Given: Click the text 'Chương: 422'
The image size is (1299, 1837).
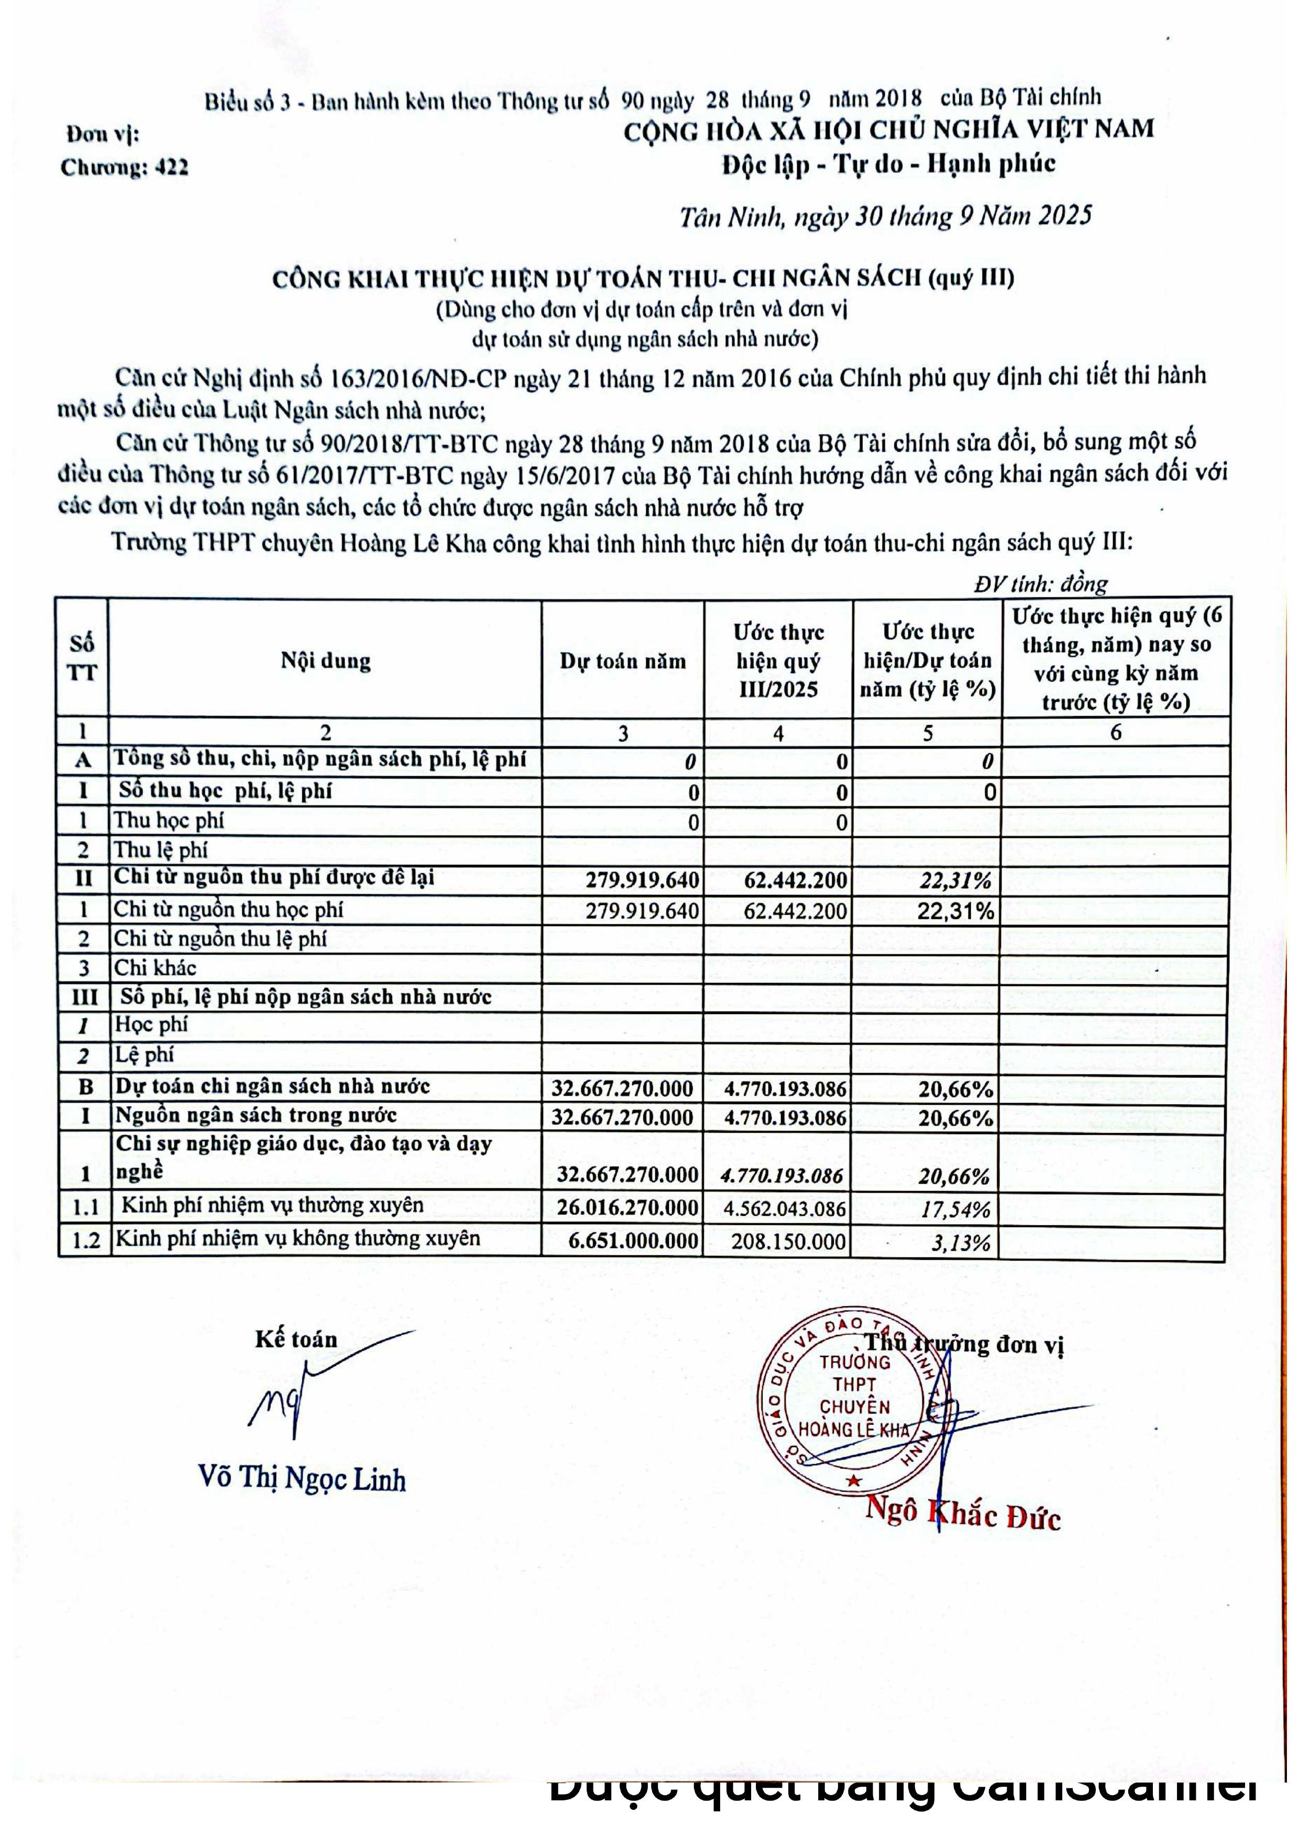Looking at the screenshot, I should pyautogui.click(x=124, y=167).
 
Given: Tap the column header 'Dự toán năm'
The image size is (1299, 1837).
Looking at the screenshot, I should pyautogui.click(x=623, y=661).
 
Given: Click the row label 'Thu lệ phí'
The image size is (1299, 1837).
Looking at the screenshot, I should pyautogui.click(x=160, y=850).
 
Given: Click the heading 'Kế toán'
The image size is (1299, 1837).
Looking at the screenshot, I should pyautogui.click(x=296, y=1339).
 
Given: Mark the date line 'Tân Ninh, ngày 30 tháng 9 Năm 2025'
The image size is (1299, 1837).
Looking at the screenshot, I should pyautogui.click(x=885, y=217).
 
